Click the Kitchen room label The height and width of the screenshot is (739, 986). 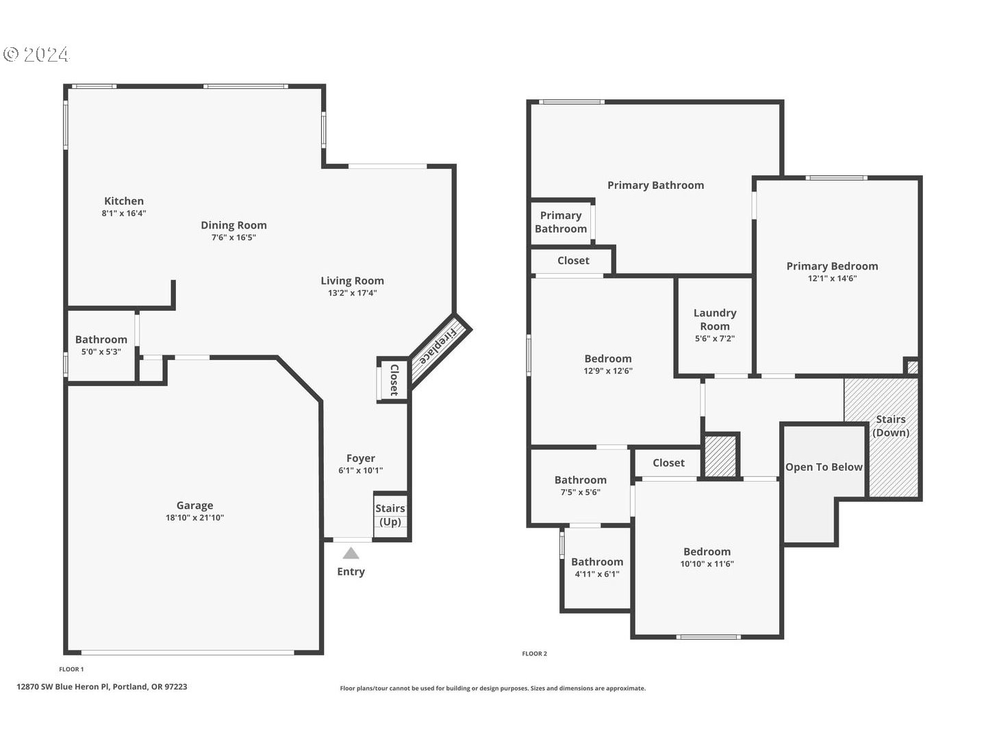pos(124,201)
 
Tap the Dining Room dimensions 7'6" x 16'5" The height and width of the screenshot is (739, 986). pos(233,237)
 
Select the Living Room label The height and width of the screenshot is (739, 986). pos(352,281)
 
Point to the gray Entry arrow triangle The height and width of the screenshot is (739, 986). pos(351,553)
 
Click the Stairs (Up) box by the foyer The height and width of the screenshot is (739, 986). pos(390,515)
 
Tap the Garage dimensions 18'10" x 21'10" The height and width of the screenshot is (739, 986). pos(194,518)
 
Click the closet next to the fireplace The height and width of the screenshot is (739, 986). pos(394,380)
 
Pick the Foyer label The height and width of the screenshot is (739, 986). pos(360,458)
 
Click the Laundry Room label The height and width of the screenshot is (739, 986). pos(715,320)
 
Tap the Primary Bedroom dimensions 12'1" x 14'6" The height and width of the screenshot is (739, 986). pos(832,278)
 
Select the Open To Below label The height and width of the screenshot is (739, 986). pos(824,467)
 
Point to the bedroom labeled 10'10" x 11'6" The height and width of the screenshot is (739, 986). pos(707,557)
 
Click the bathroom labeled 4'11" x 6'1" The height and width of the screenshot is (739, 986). pos(597,567)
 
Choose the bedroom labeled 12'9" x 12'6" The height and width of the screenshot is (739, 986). pos(608,364)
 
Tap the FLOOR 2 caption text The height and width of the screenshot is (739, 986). pos(534,653)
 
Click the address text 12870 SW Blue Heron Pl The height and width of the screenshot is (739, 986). pos(102,686)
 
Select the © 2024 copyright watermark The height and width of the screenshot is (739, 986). pos(36,55)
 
